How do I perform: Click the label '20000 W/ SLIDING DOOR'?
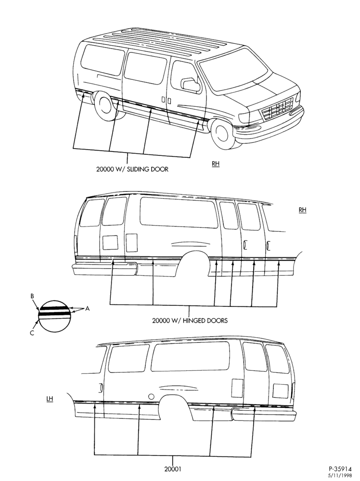click(x=132, y=169)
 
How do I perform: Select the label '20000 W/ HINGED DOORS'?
click(x=190, y=320)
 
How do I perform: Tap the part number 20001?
click(x=173, y=468)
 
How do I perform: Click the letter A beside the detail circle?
click(x=87, y=309)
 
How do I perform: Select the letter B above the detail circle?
click(x=32, y=296)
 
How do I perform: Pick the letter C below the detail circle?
click(x=32, y=333)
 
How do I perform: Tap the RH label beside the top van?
click(x=216, y=164)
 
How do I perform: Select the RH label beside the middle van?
click(x=302, y=210)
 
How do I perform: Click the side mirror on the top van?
click(x=191, y=85)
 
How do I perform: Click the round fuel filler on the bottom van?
click(x=151, y=396)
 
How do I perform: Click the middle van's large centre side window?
click(x=179, y=212)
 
